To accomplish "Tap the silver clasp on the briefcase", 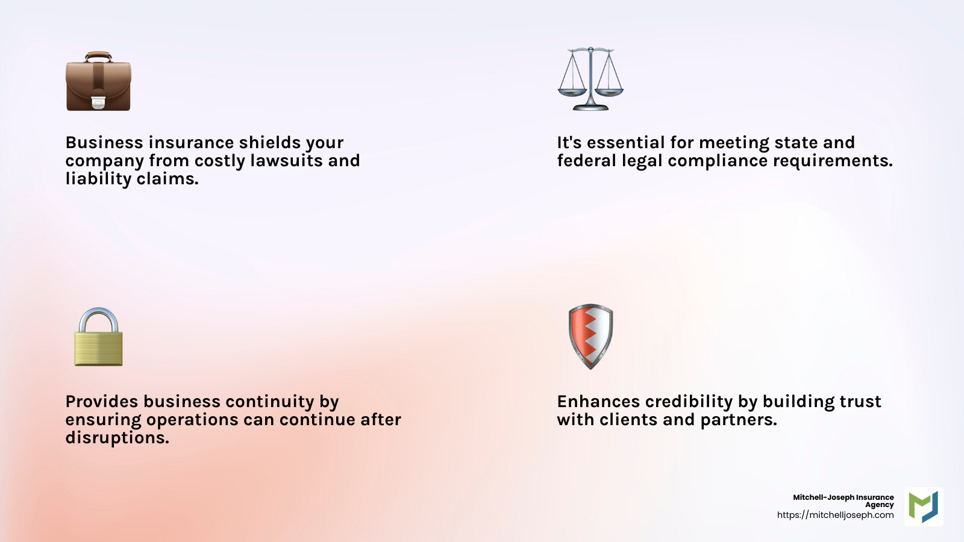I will [x=98, y=102].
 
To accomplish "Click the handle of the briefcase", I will [x=98, y=56].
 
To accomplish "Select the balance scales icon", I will [x=590, y=79].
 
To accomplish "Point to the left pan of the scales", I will [x=571, y=92].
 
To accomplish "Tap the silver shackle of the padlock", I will [x=98, y=318].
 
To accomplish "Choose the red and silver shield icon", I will [x=590, y=336].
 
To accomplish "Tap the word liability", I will [x=98, y=179].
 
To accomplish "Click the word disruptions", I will [x=117, y=438].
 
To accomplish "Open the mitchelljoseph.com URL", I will [x=835, y=515].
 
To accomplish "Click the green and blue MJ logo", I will [x=924, y=506].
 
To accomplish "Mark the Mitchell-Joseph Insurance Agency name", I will [x=843, y=500].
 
